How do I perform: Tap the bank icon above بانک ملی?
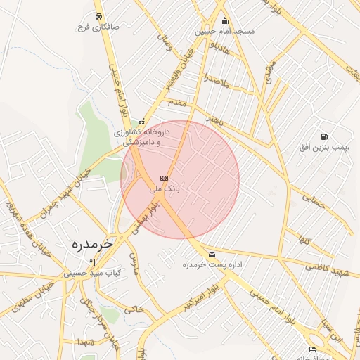(x=165, y=179)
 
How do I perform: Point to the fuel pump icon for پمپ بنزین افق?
(x=323, y=136)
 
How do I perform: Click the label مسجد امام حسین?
(x=226, y=32)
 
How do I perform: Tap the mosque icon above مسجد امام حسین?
(x=224, y=20)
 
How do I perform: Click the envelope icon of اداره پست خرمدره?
(x=212, y=254)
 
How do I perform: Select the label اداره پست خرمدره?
(x=212, y=265)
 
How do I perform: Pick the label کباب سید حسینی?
(x=93, y=271)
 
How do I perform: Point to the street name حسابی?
(x=314, y=200)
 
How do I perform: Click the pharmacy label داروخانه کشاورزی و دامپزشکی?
(x=138, y=137)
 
